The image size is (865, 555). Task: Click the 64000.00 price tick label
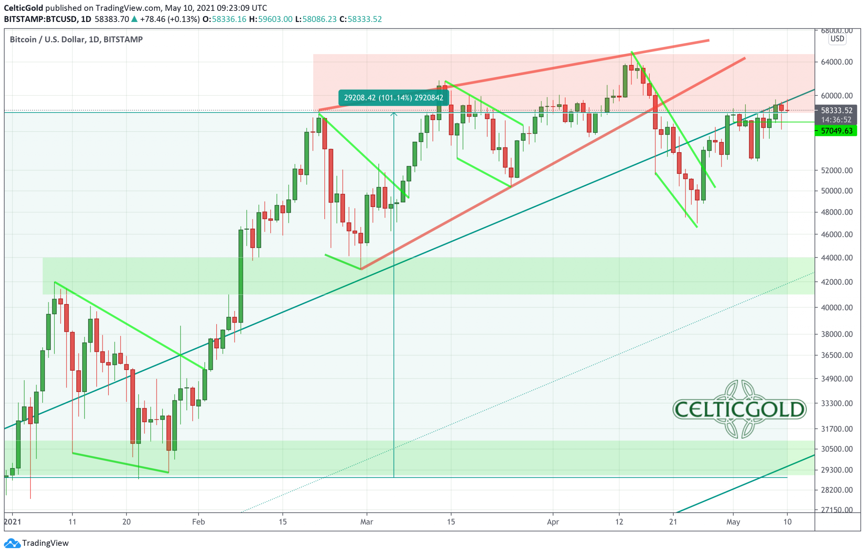point(836,62)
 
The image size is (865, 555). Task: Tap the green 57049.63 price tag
point(836,131)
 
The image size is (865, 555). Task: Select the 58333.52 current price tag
point(836,111)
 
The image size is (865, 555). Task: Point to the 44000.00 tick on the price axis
point(836,258)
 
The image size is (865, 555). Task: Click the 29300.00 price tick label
point(836,470)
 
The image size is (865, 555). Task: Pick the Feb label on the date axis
point(198,522)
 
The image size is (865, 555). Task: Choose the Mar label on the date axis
point(367,522)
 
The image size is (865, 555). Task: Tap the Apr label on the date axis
point(552,522)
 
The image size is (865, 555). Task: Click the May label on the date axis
point(733,522)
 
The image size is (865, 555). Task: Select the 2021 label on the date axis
point(13,522)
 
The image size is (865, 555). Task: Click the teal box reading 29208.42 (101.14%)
point(393,98)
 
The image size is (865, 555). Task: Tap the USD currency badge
point(837,39)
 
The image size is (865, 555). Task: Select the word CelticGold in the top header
point(23,8)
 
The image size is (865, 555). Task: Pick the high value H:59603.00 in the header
point(271,19)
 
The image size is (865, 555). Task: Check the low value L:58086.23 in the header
point(316,19)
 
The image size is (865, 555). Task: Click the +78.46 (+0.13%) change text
point(170,19)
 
